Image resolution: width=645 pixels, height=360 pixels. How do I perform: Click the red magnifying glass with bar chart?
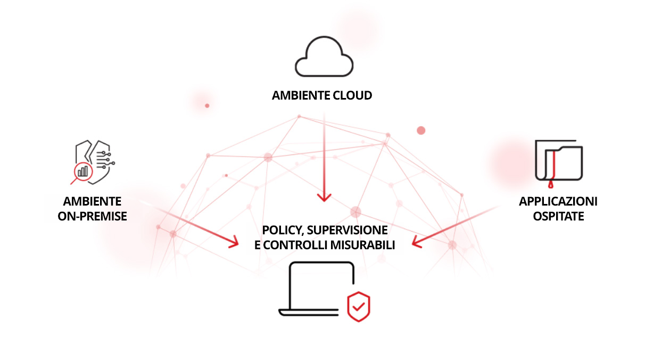83,171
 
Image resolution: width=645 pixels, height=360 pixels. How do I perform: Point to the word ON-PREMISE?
93,216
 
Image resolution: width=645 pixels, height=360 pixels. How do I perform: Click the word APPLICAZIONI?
558,201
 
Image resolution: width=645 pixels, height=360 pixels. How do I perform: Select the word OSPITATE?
558,216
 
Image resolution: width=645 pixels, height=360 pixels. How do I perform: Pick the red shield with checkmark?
359,306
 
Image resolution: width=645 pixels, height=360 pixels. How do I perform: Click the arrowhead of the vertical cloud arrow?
324,197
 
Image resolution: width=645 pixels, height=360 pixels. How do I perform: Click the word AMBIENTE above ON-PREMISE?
93,201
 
